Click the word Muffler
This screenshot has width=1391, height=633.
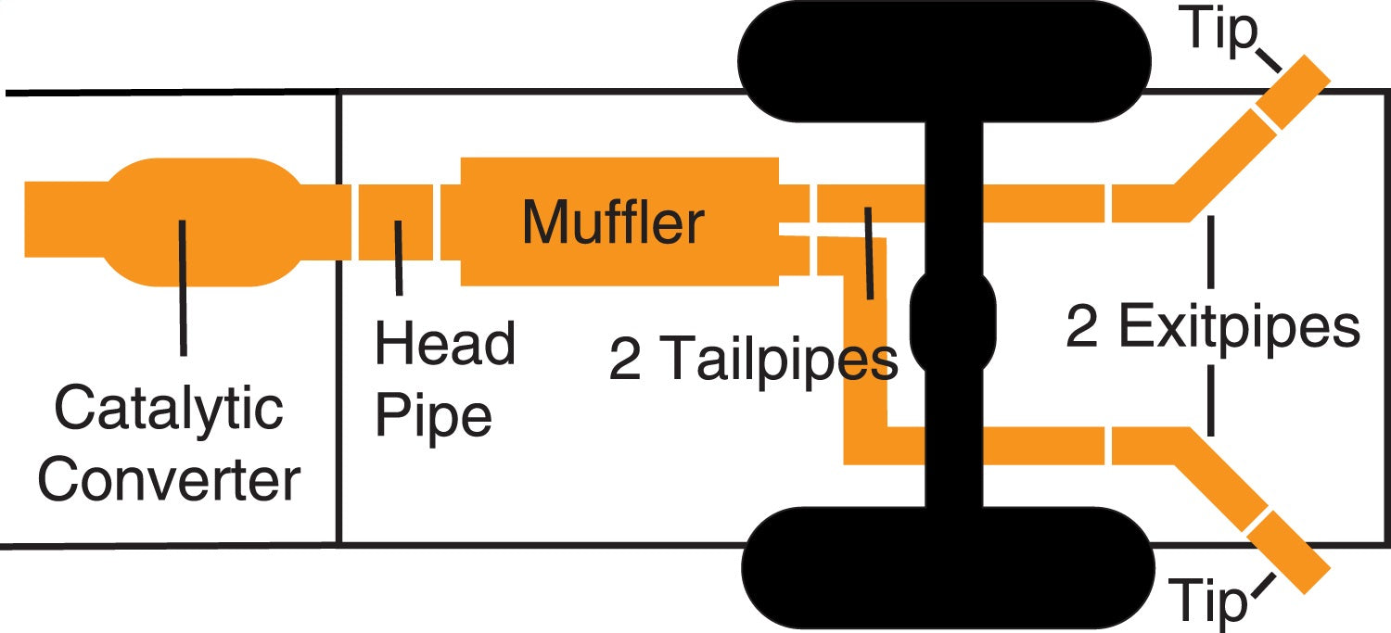tap(613, 223)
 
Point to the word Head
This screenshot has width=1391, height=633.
tap(444, 344)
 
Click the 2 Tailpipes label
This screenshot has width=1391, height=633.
tap(753, 361)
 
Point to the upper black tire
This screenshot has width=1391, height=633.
tap(946, 61)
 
